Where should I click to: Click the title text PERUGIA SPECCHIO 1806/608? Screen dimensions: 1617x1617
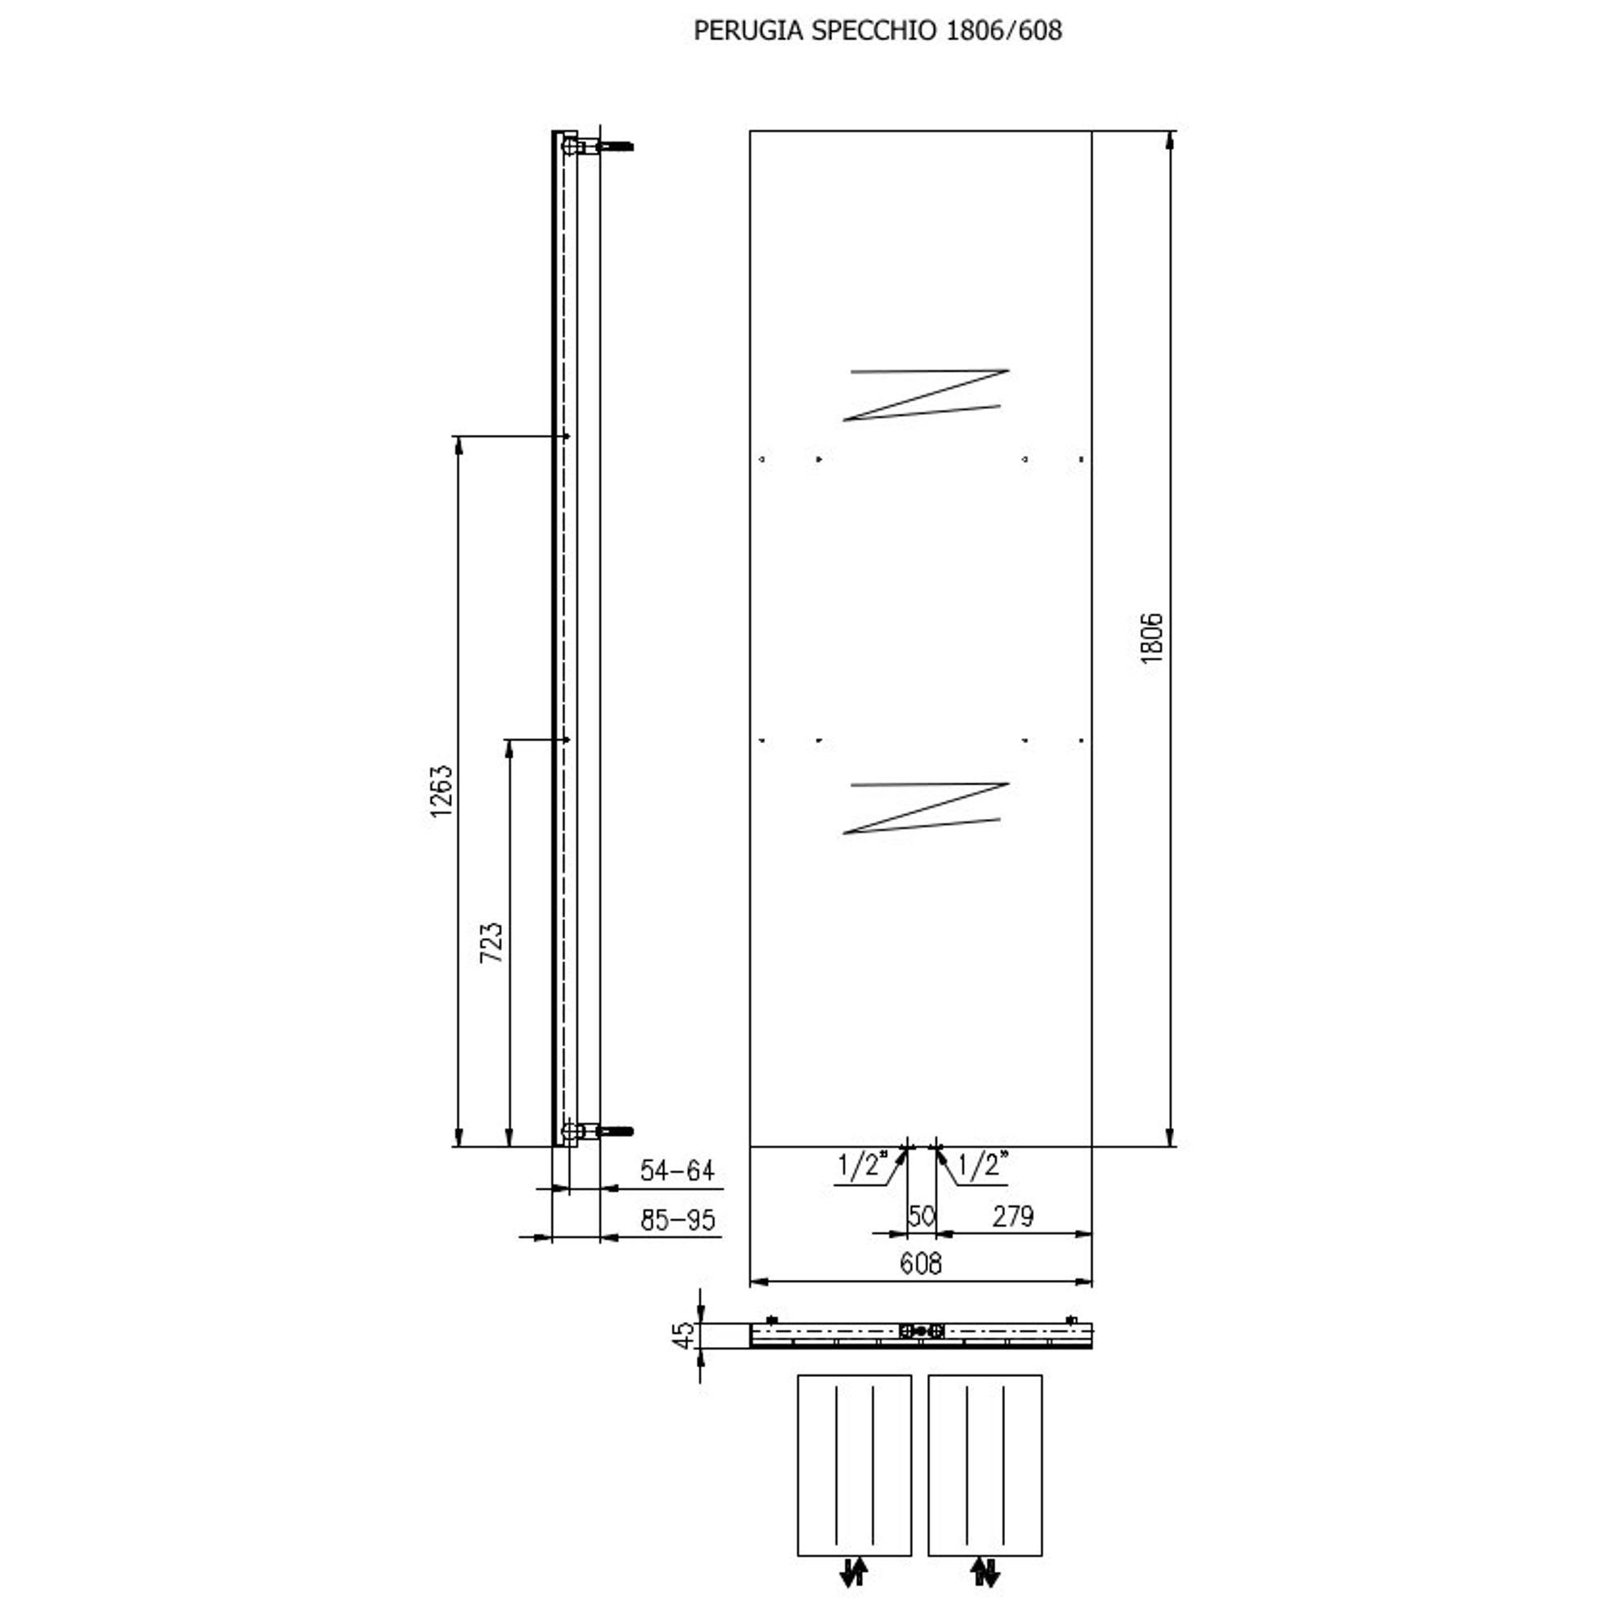(877, 31)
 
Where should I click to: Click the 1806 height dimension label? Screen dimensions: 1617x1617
(1152, 638)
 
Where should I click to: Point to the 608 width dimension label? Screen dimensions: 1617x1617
(921, 1263)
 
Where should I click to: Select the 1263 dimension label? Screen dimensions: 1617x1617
(441, 791)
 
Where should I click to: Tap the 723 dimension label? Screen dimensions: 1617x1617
(492, 943)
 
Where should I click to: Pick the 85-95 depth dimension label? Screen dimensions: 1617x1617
(678, 1220)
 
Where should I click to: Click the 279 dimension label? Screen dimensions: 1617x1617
(1014, 1216)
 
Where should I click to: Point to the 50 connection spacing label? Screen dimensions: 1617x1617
(922, 1216)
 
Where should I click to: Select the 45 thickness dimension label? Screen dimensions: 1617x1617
(684, 1335)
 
